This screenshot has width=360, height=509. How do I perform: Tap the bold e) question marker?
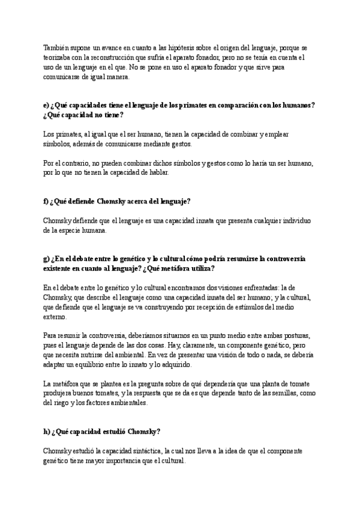pyautogui.click(x=47, y=105)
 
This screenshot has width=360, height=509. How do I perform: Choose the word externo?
pyautogui.click(x=55, y=316)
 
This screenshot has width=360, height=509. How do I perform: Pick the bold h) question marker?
pyautogui.click(x=47, y=431)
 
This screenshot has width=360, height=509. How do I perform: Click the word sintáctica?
pyautogui.click(x=138, y=451)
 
